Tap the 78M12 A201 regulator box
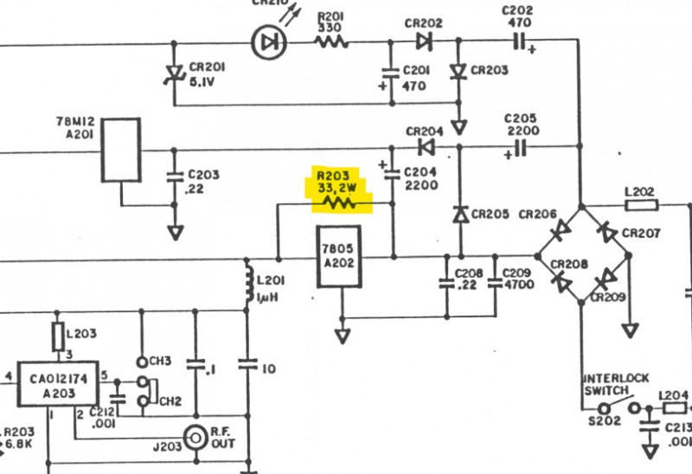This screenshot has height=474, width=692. click(121, 150)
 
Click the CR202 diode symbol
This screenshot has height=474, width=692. click(424, 41)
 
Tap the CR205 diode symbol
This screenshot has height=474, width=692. click(459, 213)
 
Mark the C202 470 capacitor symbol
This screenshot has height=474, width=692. click(520, 41)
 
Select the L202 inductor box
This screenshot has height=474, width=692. click(641, 205)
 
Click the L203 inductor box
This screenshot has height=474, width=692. click(59, 336)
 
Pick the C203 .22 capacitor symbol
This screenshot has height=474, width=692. click(176, 181)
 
